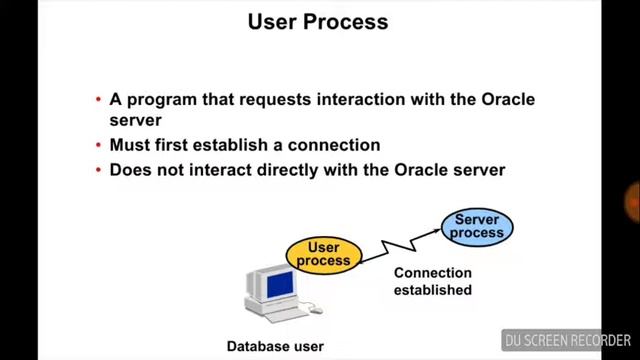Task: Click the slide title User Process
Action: (x=318, y=21)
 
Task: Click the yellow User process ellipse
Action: (x=323, y=254)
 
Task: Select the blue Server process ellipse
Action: (x=477, y=227)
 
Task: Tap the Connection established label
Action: (x=432, y=281)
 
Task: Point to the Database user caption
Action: (x=275, y=347)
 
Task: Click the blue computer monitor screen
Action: (x=279, y=284)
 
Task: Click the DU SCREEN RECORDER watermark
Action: (x=566, y=340)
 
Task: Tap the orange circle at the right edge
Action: (x=633, y=201)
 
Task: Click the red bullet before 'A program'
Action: (x=98, y=100)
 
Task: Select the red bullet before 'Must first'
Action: (x=98, y=146)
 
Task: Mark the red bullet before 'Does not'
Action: (x=98, y=171)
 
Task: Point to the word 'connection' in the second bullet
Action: (x=335, y=145)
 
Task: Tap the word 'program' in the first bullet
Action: (x=160, y=99)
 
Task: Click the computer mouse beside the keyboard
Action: (x=316, y=309)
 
